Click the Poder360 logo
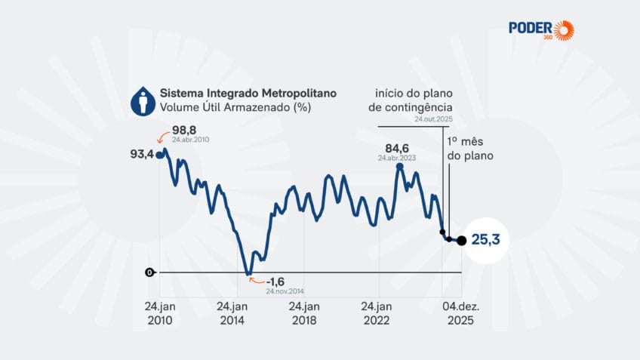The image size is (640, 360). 540,29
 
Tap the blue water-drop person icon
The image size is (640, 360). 141,101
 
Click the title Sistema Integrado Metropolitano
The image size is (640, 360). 248,93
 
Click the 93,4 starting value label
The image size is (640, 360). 142,155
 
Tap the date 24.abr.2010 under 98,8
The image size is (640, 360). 192,140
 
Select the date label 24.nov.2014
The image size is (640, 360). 285,291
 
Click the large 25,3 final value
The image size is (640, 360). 486,241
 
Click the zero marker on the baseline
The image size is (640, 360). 149,272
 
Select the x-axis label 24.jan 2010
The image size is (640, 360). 158,313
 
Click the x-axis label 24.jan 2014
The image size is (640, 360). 232,313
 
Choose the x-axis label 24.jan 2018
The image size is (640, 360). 304,313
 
